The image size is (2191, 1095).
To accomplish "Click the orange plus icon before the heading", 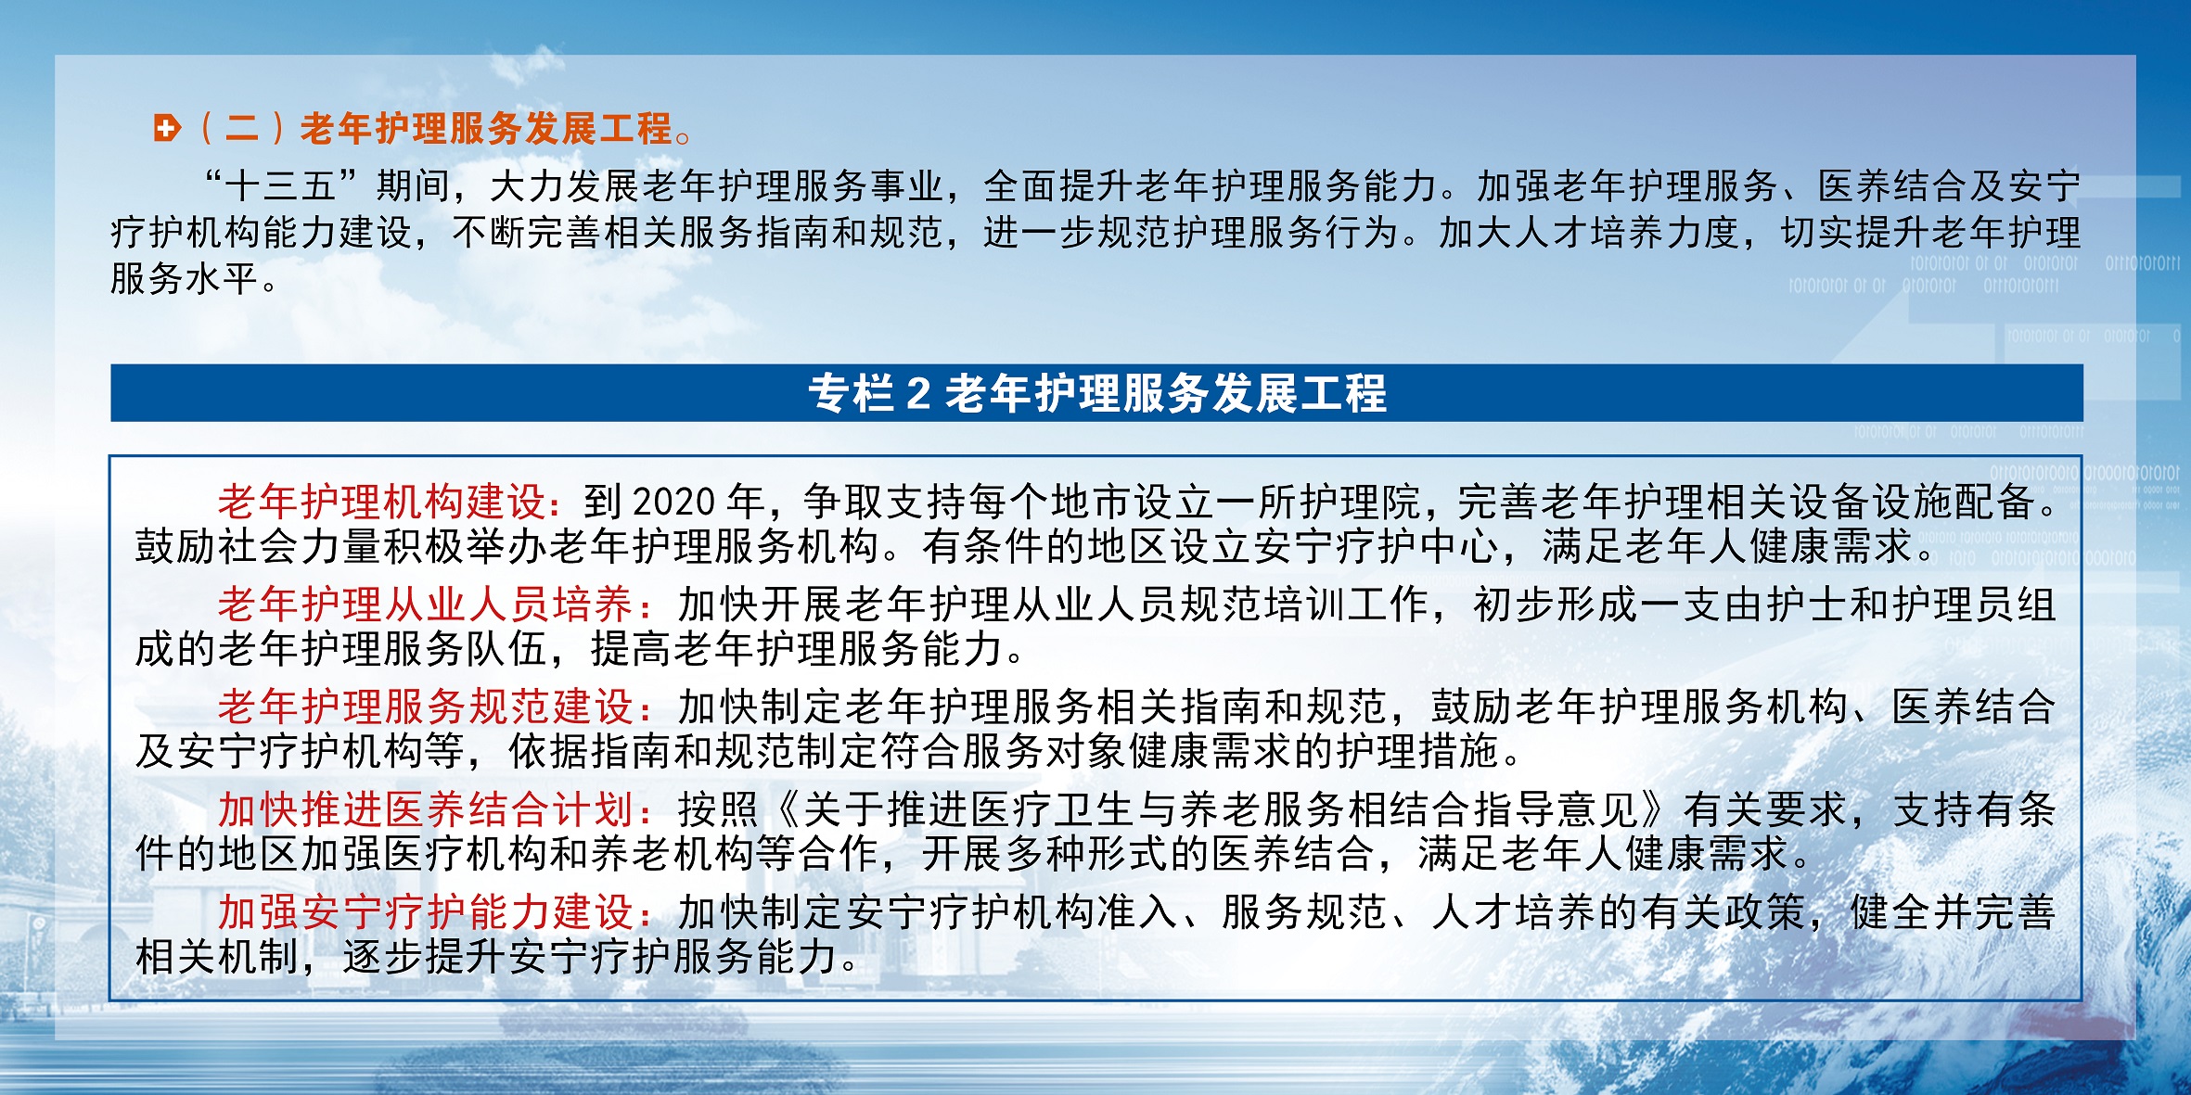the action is (x=168, y=128).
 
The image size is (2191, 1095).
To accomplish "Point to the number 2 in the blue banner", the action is (x=918, y=393).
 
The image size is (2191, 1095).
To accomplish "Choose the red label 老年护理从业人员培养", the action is (x=425, y=605).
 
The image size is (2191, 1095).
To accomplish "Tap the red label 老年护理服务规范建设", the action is (x=425, y=707).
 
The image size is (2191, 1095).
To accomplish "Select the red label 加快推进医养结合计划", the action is (x=425, y=810).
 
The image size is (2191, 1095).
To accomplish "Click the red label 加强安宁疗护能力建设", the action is (x=425, y=912).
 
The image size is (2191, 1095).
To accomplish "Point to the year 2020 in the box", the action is (x=674, y=503).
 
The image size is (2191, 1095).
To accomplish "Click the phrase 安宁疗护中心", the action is (x=1377, y=546).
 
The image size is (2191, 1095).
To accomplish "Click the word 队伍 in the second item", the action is (x=507, y=649).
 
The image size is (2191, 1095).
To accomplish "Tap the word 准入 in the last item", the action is (x=1137, y=912).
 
